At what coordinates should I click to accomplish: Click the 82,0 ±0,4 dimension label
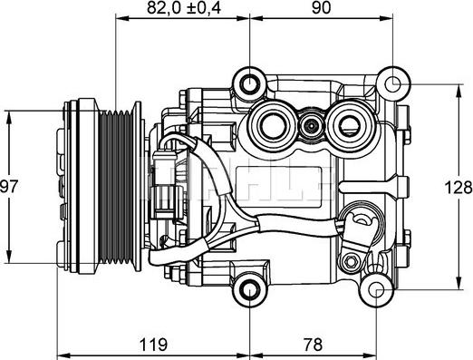pyautogui.click(x=184, y=8)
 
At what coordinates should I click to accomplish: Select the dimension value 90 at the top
pyautogui.click(x=321, y=8)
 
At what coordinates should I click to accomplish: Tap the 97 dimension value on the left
pyautogui.click(x=9, y=187)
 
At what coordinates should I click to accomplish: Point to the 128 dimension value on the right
pyautogui.click(x=459, y=188)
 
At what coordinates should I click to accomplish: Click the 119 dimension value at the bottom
pyautogui.click(x=153, y=345)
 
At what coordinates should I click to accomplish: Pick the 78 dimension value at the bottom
pyautogui.click(x=314, y=345)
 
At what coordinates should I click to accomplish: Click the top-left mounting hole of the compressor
pyautogui.click(x=250, y=83)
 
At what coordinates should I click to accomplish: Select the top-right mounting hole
pyautogui.click(x=392, y=83)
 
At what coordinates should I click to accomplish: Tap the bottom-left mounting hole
pyautogui.click(x=250, y=290)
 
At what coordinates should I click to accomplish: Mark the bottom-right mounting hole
pyautogui.click(x=376, y=290)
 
